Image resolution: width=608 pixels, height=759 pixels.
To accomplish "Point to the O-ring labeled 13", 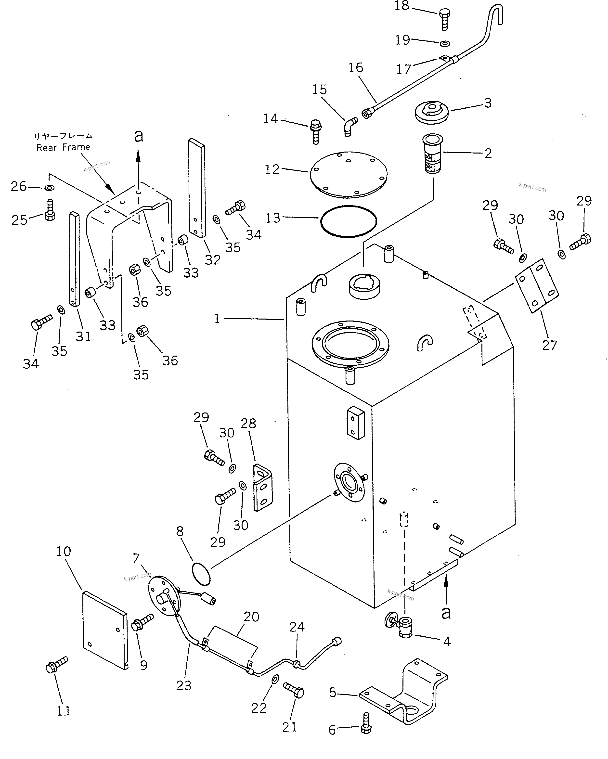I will coord(349,221).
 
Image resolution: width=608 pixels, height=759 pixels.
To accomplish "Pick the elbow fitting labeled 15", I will coord(349,127).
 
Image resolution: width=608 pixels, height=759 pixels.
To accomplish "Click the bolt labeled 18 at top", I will coord(444,20).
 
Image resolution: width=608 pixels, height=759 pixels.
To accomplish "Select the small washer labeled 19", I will coord(445,44).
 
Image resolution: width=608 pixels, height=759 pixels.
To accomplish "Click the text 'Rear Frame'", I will coord(63,147).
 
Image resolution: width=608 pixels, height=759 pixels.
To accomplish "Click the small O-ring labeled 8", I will coord(201,574).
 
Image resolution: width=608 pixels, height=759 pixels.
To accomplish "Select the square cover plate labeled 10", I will coord(104,630).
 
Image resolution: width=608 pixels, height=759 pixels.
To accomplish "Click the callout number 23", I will coord(183,685).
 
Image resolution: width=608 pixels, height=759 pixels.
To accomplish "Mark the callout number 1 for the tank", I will coord(217,319).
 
